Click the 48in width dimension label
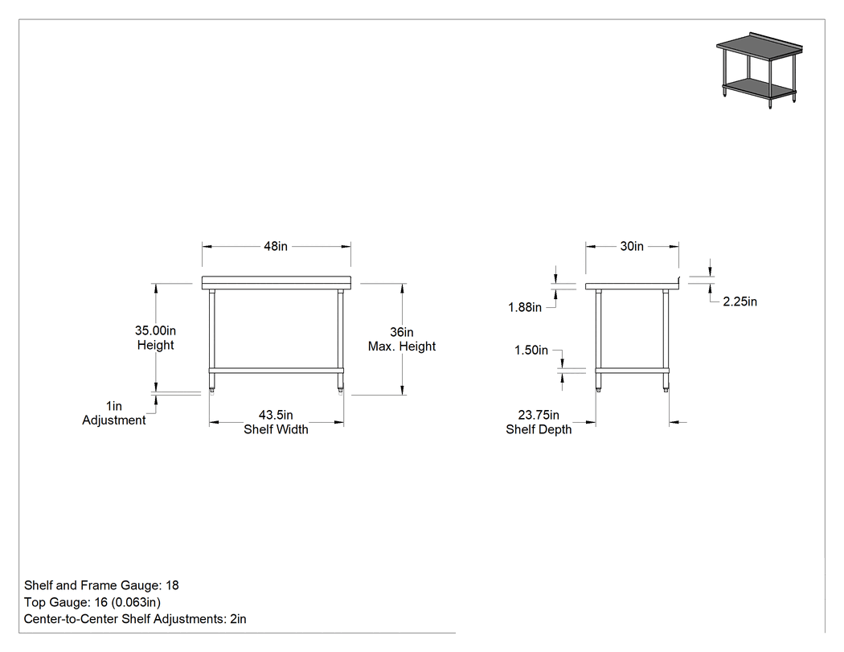(276, 246)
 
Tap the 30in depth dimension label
(632, 246)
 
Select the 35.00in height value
(156, 330)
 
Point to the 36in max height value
(402, 332)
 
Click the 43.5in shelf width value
(277, 415)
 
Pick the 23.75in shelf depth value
(539, 415)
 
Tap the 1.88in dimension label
(525, 307)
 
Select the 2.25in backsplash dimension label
(740, 301)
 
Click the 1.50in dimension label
(531, 351)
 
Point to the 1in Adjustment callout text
(113, 413)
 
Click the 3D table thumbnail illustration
(759, 70)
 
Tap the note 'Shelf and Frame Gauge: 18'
(101, 585)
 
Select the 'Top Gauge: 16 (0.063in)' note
(92, 602)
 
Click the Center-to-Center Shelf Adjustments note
(135, 619)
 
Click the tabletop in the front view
(277, 283)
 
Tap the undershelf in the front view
(277, 370)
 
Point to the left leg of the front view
(211, 340)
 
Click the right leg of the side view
(666, 340)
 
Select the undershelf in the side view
(632, 370)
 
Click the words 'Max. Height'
(402, 347)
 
